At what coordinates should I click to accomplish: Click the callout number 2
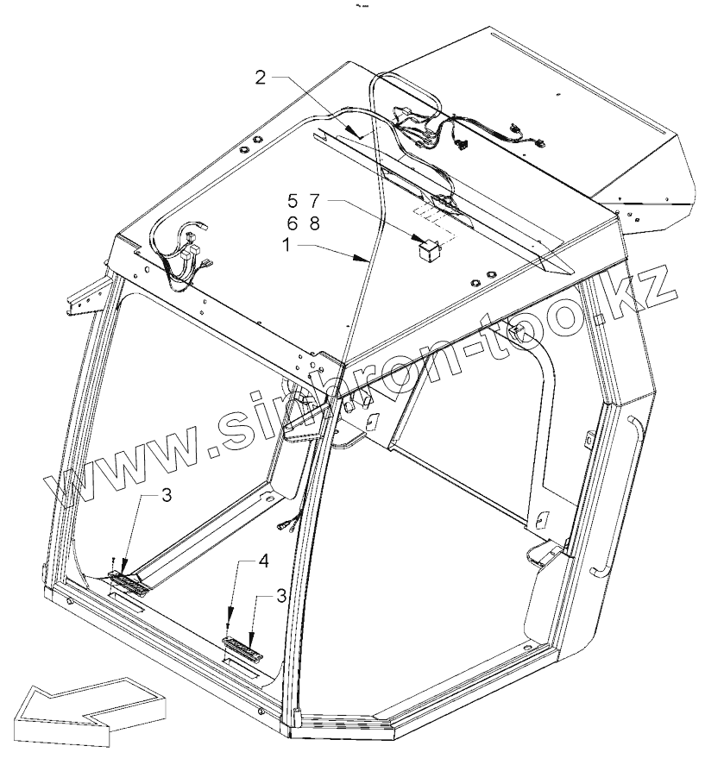261,78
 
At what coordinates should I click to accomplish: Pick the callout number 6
293,223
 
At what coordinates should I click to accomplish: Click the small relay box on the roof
427,249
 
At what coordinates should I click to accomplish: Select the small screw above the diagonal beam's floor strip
115,561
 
